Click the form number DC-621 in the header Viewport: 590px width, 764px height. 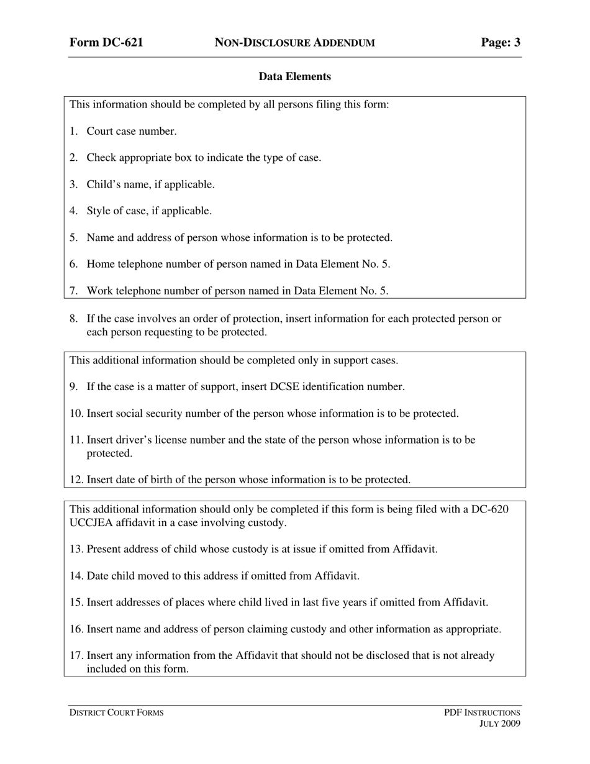pos(106,42)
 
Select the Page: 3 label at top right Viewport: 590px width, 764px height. pos(501,42)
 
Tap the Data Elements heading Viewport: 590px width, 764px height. pos(294,76)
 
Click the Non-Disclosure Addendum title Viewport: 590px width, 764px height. pos(294,43)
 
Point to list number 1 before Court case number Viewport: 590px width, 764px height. pos(73,131)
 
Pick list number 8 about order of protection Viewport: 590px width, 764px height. pos(73,319)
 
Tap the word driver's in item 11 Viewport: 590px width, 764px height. pos(136,440)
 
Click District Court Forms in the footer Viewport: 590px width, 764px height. pos(116,712)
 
